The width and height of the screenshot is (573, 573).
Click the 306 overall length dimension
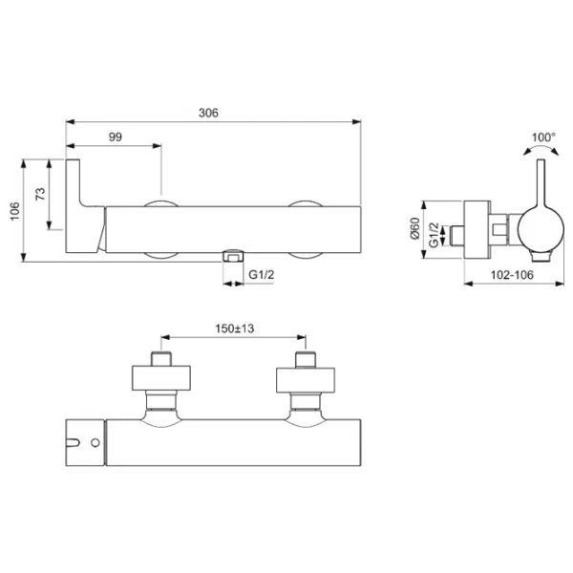pos(208,113)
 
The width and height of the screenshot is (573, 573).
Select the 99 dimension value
pos(116,137)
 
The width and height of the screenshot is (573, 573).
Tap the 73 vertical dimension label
pos(40,194)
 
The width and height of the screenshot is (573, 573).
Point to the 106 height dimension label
pos(14,211)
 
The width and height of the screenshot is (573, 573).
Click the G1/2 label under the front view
pos(261,274)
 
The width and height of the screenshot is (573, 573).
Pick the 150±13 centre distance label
pos(234,329)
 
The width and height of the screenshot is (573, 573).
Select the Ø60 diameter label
pos(415,228)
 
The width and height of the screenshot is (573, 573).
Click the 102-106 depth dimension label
pos(512,275)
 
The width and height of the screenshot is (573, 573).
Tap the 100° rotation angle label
pos(543,138)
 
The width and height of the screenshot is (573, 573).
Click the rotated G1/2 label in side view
pos(434,235)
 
